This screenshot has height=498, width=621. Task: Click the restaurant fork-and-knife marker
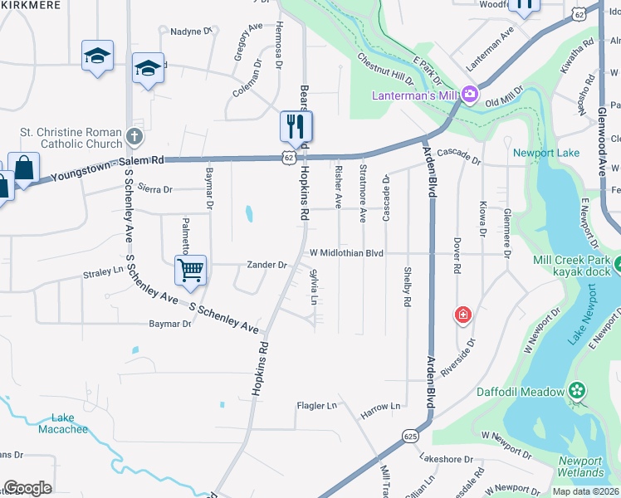point(296,127)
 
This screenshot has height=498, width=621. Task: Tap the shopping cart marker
point(191,271)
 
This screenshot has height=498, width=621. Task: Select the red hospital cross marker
point(463,315)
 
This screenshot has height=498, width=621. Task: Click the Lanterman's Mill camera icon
point(470,95)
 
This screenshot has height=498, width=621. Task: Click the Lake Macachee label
point(62,423)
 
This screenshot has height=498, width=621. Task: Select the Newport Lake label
point(545,153)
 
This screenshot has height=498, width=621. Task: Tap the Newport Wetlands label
point(580,466)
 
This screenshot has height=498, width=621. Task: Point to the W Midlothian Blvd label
point(346,252)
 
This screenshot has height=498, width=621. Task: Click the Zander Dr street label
point(266,266)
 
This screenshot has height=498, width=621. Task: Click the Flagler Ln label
point(316,406)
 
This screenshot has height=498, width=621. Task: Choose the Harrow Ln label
point(380,406)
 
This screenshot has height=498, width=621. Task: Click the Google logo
point(27,488)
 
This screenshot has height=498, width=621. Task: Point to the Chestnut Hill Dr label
point(385,70)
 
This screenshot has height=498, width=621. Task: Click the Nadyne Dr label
point(191,32)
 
